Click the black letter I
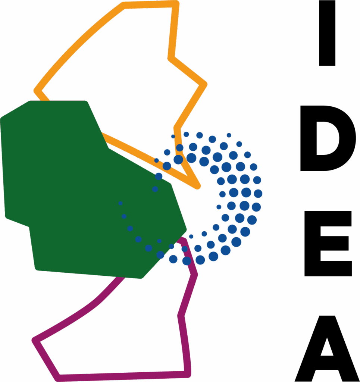click(x=327, y=33)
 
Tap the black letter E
click(x=328, y=244)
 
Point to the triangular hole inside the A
click(x=327, y=348)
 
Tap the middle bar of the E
click(x=334, y=243)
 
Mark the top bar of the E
click(x=328, y=219)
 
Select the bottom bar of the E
click(x=328, y=269)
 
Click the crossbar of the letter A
click(x=327, y=363)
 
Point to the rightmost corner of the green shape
click(x=186, y=229)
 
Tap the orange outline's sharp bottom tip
click(x=198, y=187)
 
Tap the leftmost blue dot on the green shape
click(x=120, y=203)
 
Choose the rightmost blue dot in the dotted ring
click(x=258, y=194)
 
